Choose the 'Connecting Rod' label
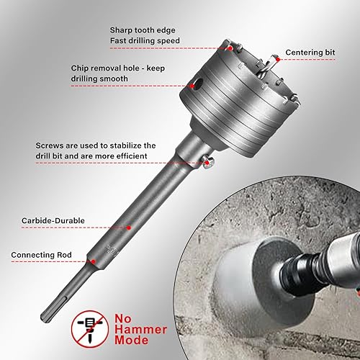[40, 255]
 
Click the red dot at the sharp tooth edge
[229, 48]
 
